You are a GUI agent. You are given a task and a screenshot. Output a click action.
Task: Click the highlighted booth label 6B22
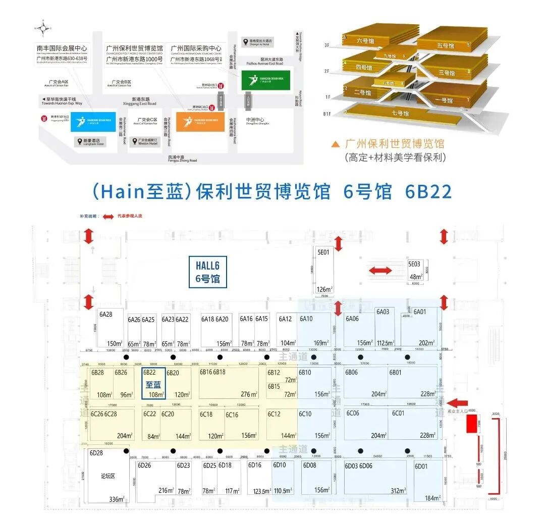pos(149,373)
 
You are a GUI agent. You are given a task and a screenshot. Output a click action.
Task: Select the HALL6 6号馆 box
pos(207,271)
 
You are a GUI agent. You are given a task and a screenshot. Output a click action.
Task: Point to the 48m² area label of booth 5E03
pos(416,277)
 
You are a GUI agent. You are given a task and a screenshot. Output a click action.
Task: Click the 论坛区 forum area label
pos(108,476)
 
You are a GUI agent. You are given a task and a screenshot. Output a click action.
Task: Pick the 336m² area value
pos(117,499)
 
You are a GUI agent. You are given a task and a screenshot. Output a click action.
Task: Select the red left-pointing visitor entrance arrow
pos(458,403)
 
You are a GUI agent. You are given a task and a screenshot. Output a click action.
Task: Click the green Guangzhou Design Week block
pos(265,80)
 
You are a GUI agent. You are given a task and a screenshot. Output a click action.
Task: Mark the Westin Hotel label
pos(147,142)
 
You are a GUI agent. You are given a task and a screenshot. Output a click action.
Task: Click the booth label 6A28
pos(105,315)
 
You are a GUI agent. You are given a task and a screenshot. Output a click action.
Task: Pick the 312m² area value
pos(398,490)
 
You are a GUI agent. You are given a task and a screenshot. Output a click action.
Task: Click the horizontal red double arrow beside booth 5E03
pos(380,271)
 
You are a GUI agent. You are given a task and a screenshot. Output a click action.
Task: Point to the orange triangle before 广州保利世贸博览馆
pos(335,144)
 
